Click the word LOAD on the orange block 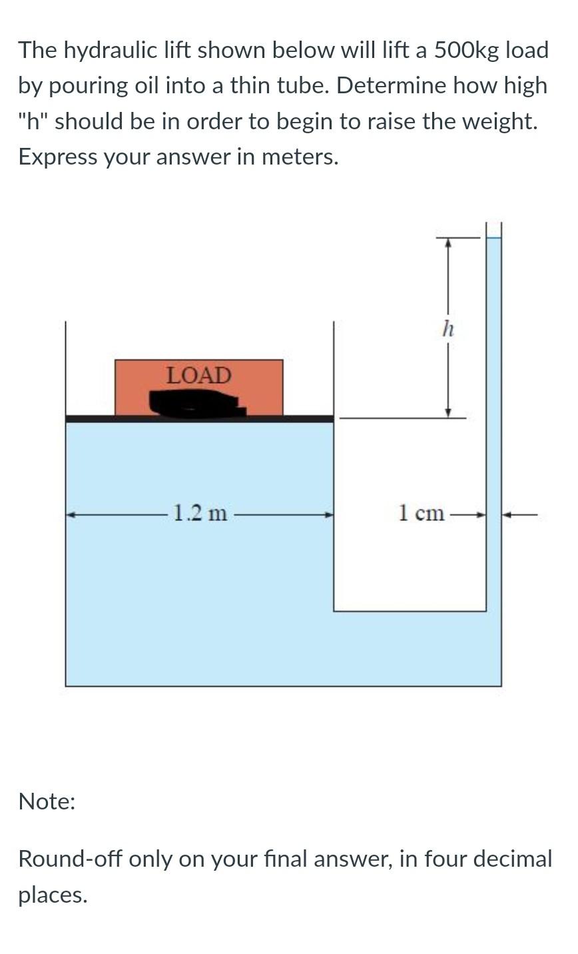[x=198, y=375]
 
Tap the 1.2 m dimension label [x=200, y=514]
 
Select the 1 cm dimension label [x=421, y=514]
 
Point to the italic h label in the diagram [x=448, y=328]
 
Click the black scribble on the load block [x=196, y=403]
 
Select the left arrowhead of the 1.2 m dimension [x=71, y=514]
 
